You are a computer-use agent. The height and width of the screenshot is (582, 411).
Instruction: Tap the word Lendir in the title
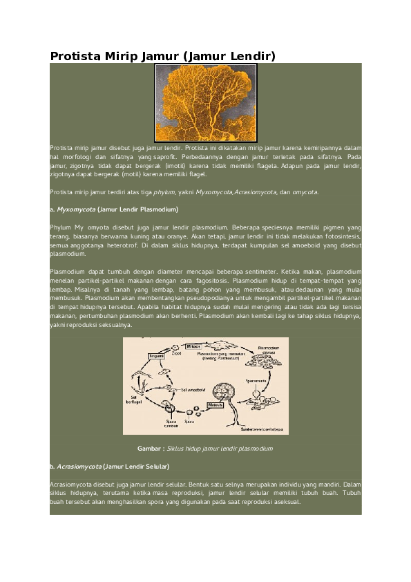click(x=251, y=56)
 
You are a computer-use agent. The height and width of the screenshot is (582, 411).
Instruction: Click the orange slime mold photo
click(x=206, y=102)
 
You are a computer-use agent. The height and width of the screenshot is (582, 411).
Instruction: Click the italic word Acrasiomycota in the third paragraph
click(x=256, y=191)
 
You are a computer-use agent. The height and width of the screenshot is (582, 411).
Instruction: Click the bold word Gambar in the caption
click(x=151, y=449)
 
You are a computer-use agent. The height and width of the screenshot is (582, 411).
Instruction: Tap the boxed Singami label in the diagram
click(x=156, y=355)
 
